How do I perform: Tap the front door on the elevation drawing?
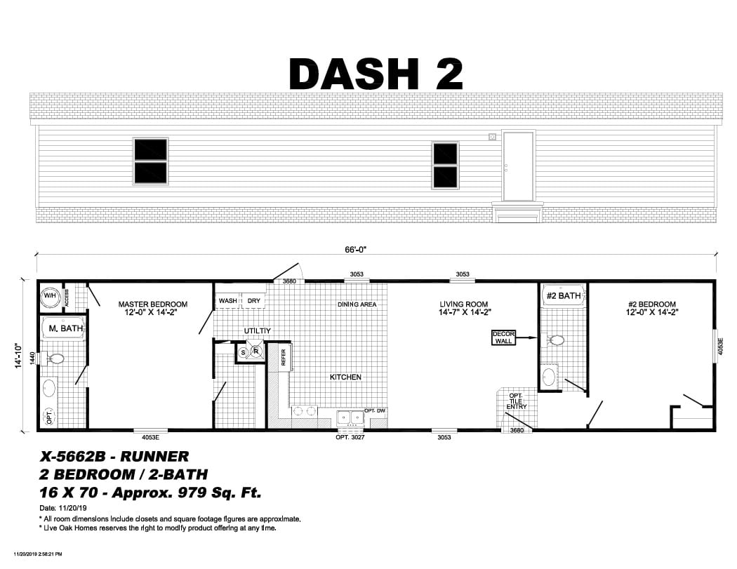click(x=518, y=166)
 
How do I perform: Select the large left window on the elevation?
click(x=150, y=161)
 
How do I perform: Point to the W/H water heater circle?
click(x=50, y=297)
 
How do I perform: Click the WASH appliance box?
click(x=227, y=301)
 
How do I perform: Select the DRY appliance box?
click(x=253, y=301)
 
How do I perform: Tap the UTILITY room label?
click(x=258, y=330)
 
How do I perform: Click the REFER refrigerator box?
click(x=283, y=358)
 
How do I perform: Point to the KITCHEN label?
click(x=345, y=377)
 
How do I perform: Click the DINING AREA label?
click(x=357, y=304)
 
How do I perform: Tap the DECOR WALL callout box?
click(x=503, y=337)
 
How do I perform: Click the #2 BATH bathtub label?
click(x=563, y=296)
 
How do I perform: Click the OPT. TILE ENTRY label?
click(x=517, y=401)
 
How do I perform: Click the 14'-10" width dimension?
click(x=20, y=356)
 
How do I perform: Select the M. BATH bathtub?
click(x=61, y=328)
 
